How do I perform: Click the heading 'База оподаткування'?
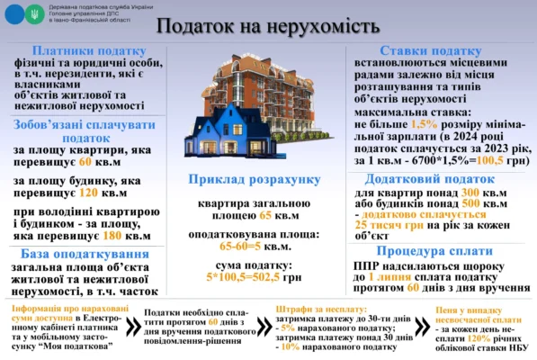point(85,255)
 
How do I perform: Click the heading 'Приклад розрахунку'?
point(254,180)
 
